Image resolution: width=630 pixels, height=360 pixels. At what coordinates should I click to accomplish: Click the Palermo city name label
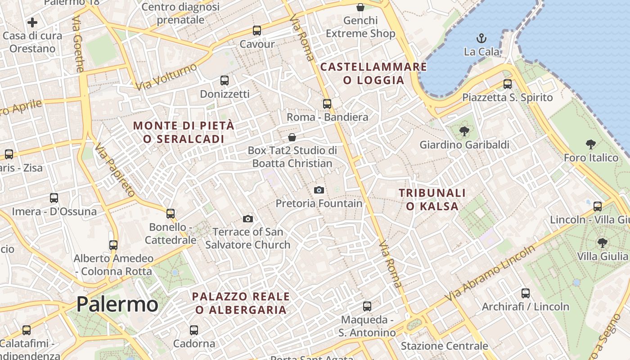117,305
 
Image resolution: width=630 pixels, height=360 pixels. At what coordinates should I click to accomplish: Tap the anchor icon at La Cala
481,38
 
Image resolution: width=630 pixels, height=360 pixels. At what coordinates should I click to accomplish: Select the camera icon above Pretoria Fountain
319,190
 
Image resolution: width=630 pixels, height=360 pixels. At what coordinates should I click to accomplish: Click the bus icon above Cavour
257,31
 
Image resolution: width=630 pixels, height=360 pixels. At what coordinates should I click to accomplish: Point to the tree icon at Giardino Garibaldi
464,131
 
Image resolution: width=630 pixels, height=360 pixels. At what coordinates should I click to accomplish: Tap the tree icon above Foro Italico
591,144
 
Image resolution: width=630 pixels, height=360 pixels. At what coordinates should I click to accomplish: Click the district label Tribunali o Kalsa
432,199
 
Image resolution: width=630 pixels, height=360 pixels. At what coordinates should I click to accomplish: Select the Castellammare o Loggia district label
373,74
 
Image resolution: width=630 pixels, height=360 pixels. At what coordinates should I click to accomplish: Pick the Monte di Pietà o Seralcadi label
184,132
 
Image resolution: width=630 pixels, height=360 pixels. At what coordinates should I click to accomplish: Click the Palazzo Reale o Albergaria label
241,303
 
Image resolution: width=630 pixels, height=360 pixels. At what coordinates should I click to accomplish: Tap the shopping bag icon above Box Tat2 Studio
292,137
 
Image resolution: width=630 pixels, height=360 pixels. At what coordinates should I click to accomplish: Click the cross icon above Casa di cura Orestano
32,22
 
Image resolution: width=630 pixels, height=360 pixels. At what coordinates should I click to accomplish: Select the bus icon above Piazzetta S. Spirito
508,84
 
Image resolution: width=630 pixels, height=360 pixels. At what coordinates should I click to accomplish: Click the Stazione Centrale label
444,346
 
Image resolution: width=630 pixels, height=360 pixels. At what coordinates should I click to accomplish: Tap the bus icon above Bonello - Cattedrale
171,214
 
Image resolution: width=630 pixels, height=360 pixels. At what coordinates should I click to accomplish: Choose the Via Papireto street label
115,170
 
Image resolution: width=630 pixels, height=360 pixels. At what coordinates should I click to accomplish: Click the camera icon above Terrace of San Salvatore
247,219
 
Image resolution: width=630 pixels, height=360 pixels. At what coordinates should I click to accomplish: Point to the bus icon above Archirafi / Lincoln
526,293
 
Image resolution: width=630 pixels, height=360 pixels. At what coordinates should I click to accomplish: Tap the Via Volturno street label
166,76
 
